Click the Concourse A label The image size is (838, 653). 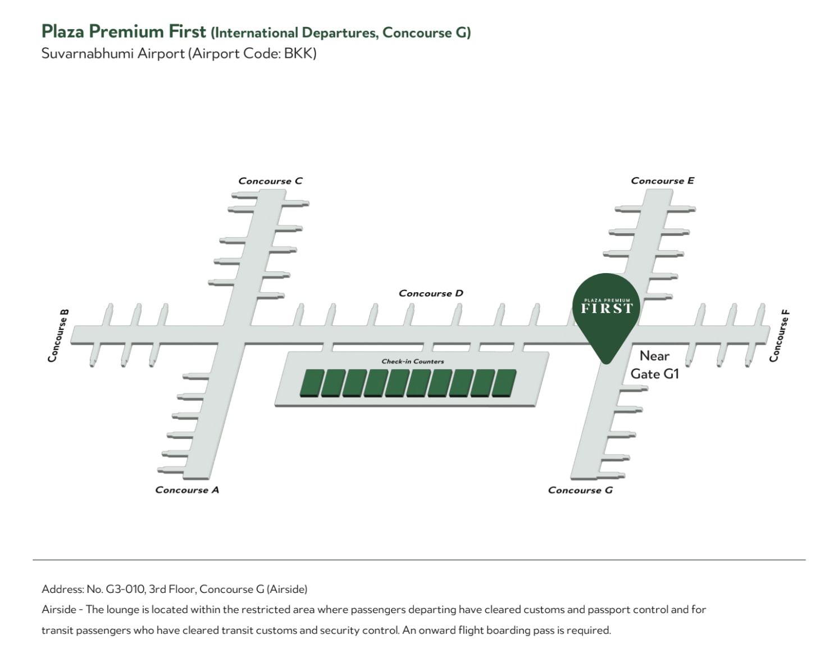pos(187,490)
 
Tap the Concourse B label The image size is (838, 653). pos(58,335)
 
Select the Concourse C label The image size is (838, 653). pos(270,181)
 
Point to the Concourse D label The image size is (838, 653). pos(431,293)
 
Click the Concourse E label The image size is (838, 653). pos(663,180)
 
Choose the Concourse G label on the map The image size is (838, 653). pos(580,490)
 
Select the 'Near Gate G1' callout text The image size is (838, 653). pos(654,365)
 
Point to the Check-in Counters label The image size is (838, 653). pos(413,361)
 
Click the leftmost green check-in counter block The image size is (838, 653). pos(312,383)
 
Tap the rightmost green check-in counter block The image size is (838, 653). pos(504,383)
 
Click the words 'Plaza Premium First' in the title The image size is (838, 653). pos(124,31)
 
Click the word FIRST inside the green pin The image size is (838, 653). pos(607,309)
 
